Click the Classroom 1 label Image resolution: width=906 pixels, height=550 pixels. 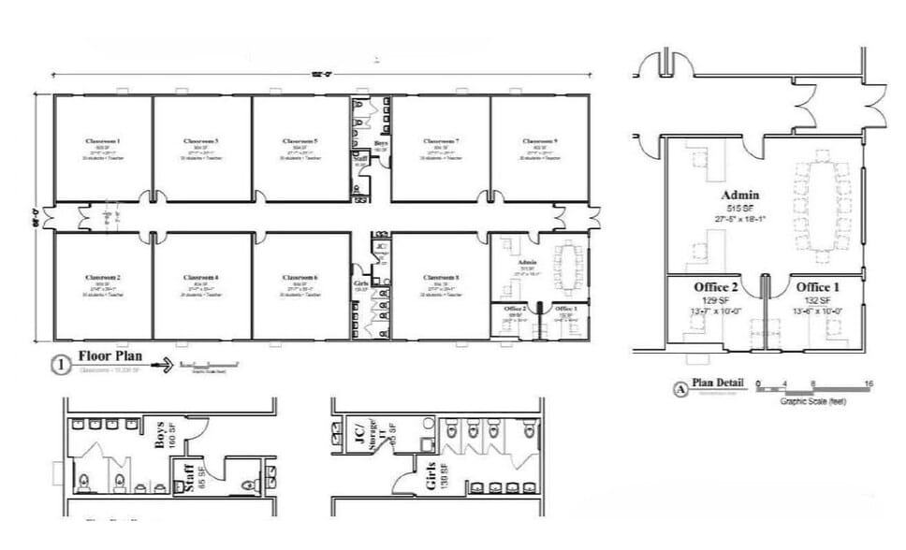(x=103, y=141)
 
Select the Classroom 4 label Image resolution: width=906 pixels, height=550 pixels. (x=202, y=278)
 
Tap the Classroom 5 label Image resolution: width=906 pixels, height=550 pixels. (x=300, y=141)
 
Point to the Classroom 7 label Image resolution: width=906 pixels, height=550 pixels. (x=439, y=141)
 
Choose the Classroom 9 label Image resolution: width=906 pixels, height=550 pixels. (x=540, y=141)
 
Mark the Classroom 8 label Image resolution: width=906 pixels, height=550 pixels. (x=439, y=278)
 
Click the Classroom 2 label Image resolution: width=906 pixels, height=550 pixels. (x=103, y=278)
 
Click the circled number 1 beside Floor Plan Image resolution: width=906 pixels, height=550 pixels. (x=61, y=367)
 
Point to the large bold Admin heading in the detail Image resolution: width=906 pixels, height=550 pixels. (x=739, y=195)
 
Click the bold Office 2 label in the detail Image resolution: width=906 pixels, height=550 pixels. (x=716, y=286)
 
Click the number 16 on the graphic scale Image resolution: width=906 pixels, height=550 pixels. (x=869, y=384)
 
